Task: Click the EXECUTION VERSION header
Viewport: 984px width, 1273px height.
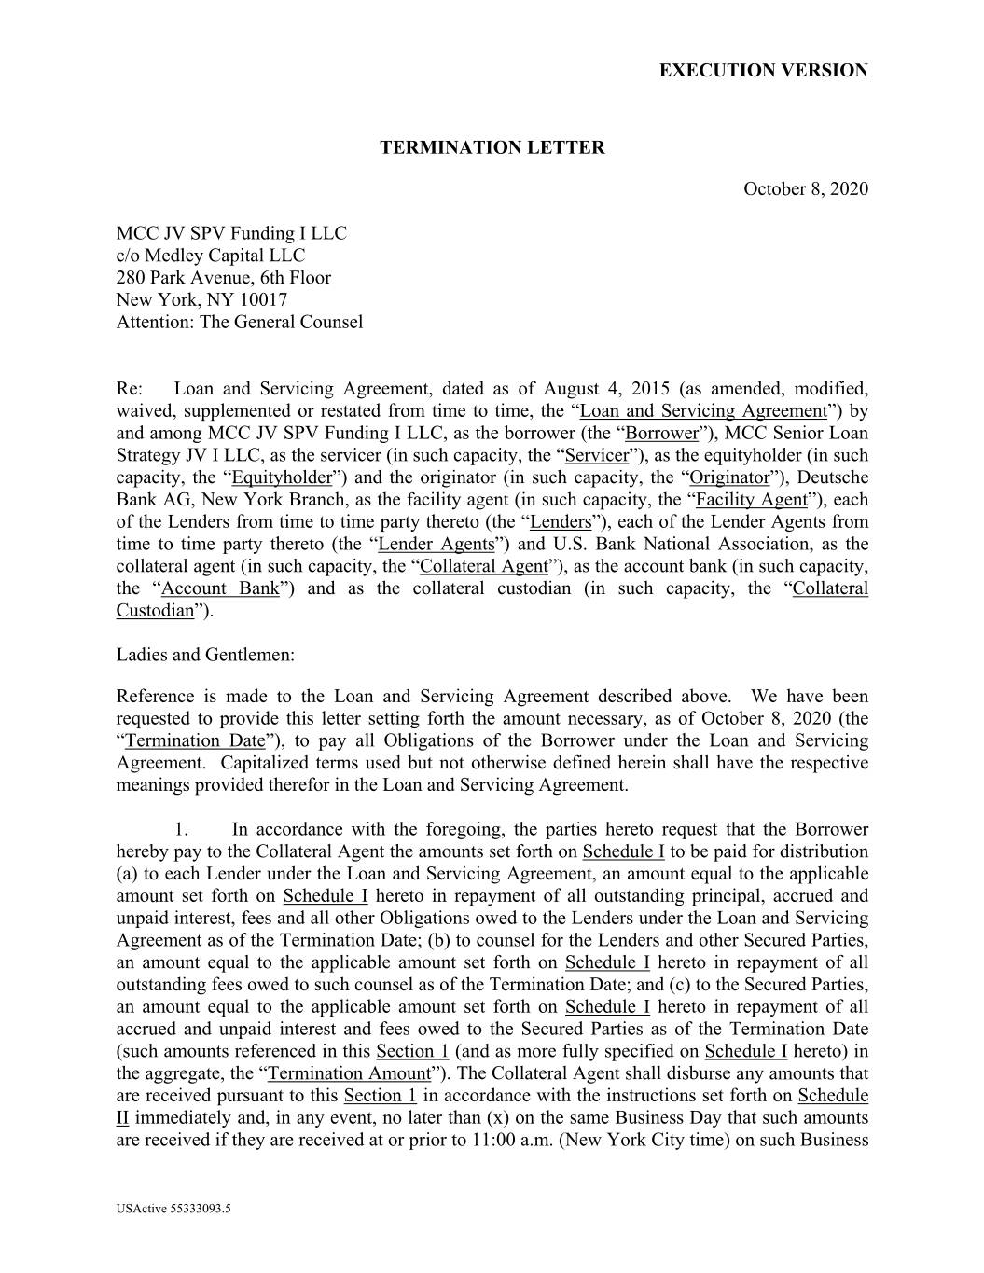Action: [763, 71]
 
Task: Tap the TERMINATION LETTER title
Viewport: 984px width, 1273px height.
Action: [492, 147]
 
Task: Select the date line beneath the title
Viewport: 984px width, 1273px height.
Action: [805, 189]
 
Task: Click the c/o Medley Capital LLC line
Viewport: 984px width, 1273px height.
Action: [210, 256]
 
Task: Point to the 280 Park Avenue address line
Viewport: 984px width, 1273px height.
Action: [223, 278]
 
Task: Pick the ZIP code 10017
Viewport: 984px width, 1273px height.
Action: [263, 300]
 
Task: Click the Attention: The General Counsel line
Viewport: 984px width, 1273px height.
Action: [239, 323]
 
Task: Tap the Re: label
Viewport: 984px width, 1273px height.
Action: [129, 389]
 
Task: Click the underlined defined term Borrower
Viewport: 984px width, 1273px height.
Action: [661, 434]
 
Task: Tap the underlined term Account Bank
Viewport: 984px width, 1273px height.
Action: [220, 589]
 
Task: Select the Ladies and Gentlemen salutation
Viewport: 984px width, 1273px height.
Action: [205, 655]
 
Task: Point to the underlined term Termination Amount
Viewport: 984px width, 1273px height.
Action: [349, 1074]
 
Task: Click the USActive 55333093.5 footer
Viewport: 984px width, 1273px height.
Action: [173, 1210]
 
